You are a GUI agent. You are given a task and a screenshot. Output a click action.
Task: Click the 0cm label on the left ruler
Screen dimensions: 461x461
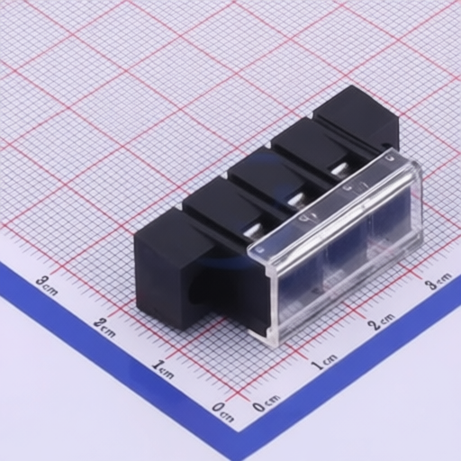222,411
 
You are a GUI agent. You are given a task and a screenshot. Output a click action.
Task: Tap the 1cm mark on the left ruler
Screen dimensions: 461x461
163,369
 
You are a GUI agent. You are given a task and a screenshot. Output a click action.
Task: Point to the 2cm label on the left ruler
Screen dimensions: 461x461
104,327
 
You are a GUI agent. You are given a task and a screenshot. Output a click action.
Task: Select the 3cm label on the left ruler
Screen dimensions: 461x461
47,285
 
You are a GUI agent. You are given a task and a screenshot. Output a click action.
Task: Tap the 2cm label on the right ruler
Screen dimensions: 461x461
381,321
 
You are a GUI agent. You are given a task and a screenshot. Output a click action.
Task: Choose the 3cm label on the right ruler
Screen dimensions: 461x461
439,281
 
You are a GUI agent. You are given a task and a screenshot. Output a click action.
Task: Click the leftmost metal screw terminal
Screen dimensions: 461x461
254,231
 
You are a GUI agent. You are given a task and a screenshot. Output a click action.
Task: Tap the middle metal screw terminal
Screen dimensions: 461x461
296,200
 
